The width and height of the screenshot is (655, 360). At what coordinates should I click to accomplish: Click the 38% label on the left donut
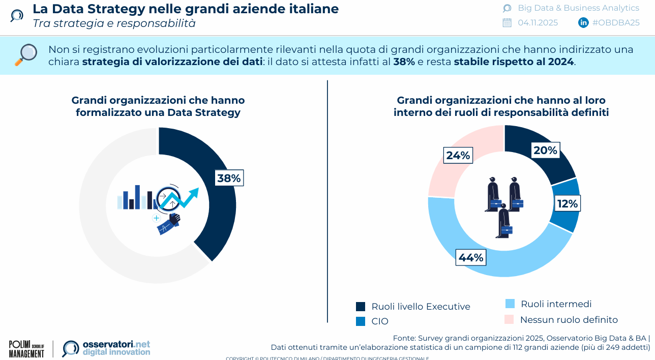(x=229, y=178)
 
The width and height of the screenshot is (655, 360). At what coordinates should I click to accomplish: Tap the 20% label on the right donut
(x=545, y=151)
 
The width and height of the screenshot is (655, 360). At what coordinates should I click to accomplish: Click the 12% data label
(x=567, y=204)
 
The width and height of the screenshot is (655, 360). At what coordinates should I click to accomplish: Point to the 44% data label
(x=471, y=258)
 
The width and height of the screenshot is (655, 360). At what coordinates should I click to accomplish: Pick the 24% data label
(x=458, y=156)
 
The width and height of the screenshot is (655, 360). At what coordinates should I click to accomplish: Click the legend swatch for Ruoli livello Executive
(x=361, y=306)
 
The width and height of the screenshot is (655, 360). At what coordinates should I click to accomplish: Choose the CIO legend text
(x=380, y=321)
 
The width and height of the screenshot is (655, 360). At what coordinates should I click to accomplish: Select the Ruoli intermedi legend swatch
(x=510, y=304)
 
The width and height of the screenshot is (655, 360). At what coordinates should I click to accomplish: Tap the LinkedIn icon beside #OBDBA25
(x=583, y=22)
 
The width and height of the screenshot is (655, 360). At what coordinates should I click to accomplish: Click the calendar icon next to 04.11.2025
(x=507, y=22)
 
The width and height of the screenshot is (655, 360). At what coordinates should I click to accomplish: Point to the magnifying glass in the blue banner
(x=26, y=54)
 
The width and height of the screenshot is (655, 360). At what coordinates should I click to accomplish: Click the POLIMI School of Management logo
(x=26, y=349)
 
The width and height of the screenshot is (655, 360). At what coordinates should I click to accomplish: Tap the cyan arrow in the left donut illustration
(x=186, y=197)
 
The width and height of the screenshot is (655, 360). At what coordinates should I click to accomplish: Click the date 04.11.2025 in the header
(x=538, y=22)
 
